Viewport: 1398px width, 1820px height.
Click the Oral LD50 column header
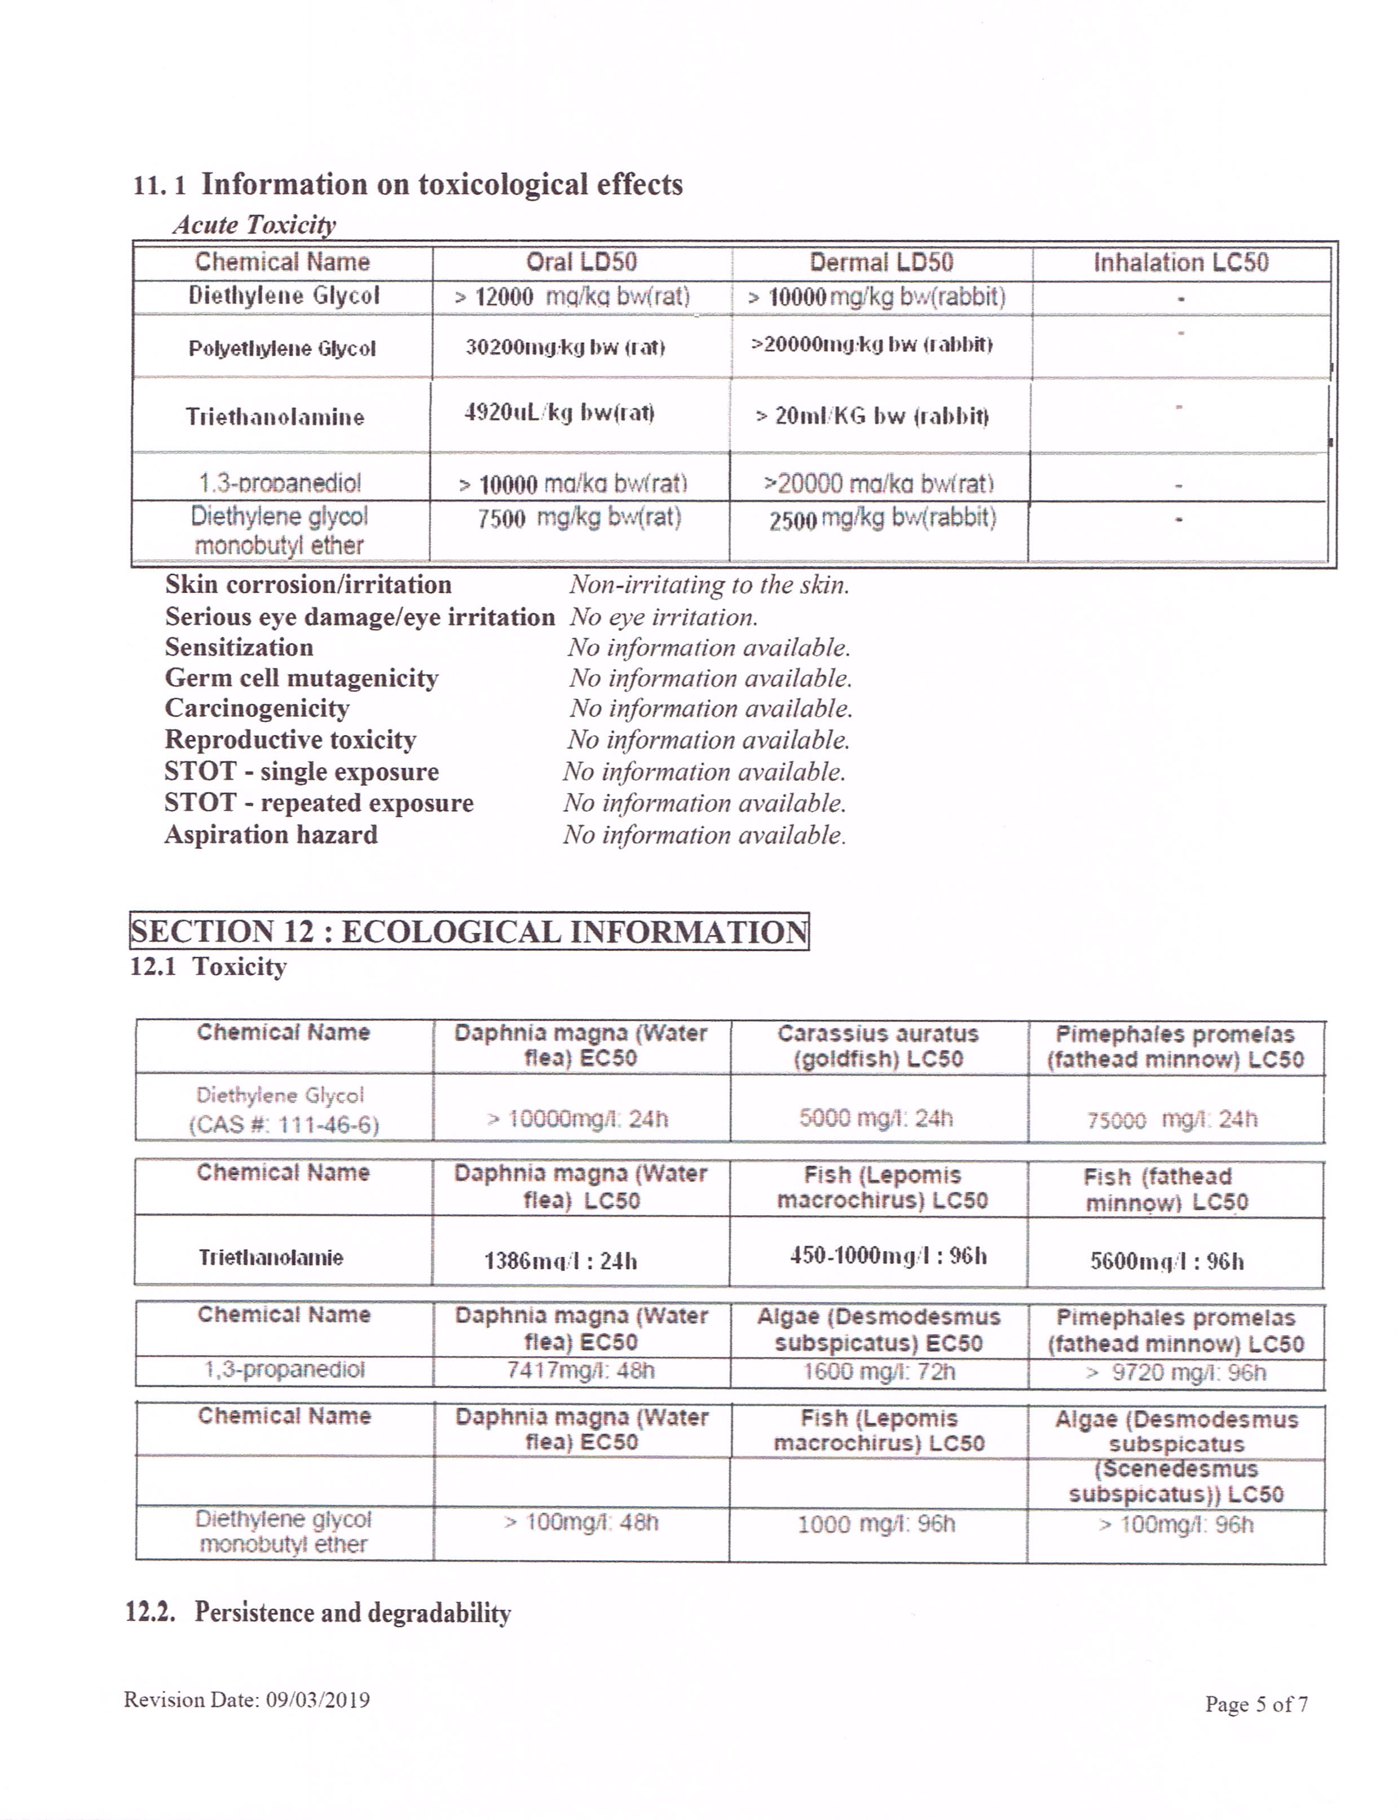581,262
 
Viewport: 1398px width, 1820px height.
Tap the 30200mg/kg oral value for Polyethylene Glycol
565,347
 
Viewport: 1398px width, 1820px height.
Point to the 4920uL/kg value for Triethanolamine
559,413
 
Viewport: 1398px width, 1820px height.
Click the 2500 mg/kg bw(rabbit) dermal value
882,519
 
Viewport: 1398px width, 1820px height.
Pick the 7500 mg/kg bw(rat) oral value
579,518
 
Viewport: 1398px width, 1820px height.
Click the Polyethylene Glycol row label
282,348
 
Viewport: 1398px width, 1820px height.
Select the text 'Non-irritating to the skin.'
709,584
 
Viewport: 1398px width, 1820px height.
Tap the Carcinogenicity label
257,708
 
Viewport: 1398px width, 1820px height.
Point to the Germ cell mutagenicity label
301,678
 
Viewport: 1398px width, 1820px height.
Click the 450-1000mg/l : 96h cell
888,1255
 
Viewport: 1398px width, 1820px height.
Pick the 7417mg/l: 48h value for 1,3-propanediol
581,1370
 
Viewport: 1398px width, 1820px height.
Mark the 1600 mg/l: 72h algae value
879,1372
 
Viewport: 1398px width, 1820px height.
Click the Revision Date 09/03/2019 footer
247,1699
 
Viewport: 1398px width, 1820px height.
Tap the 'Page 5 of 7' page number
1256,1704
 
